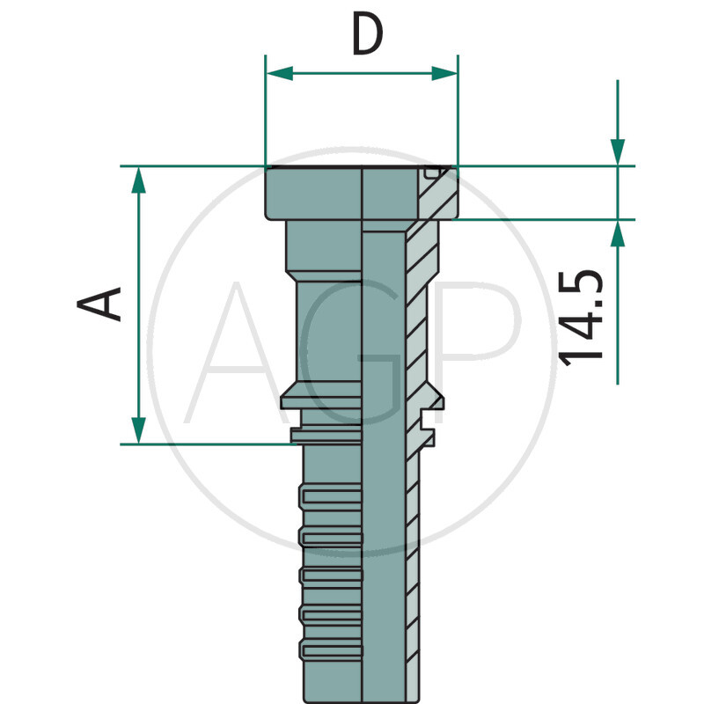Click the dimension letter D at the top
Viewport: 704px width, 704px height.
tap(367, 35)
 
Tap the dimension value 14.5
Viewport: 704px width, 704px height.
tap(582, 317)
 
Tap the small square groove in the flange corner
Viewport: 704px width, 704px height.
tap(429, 172)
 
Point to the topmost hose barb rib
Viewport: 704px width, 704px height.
tap(330, 495)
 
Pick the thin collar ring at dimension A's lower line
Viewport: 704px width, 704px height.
tap(326, 435)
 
